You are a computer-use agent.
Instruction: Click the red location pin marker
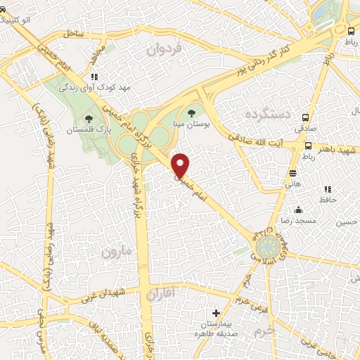click(x=181, y=165)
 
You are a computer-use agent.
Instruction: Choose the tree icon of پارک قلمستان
click(x=89, y=119)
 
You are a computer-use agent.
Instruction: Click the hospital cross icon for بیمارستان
click(x=216, y=312)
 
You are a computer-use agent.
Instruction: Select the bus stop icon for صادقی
click(x=305, y=117)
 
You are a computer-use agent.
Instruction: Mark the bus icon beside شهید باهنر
click(x=309, y=146)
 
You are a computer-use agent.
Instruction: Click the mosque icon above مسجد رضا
click(x=299, y=210)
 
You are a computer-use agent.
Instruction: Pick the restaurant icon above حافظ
click(x=328, y=189)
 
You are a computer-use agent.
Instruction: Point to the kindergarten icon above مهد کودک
click(x=94, y=77)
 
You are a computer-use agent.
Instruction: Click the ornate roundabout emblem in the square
click(x=268, y=248)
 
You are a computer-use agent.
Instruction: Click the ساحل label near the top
click(x=72, y=33)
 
